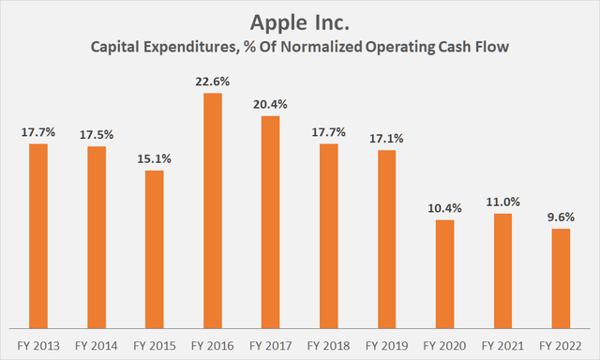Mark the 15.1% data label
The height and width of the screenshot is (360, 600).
pyautogui.click(x=154, y=157)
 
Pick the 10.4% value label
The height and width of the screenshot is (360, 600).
pyautogui.click(x=444, y=206)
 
